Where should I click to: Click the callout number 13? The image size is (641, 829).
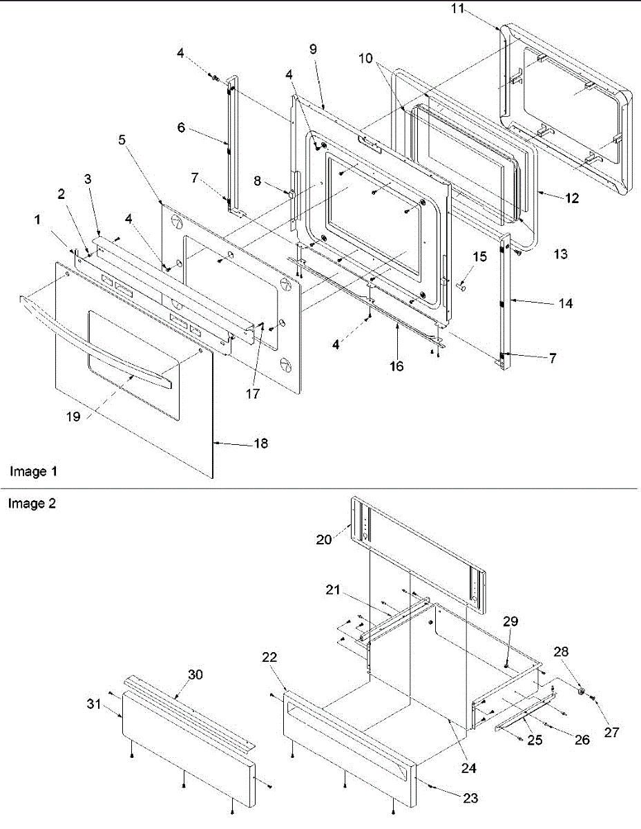[x=560, y=254]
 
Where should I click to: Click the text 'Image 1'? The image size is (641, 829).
[x=33, y=472]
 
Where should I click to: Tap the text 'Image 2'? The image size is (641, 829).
[x=32, y=504]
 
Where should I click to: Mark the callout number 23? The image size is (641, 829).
[x=470, y=798]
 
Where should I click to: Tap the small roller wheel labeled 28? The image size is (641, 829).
[x=582, y=691]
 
